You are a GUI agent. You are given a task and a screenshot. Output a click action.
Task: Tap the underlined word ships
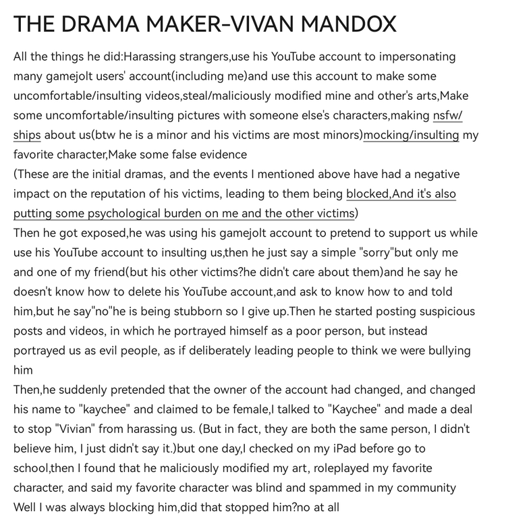(x=27, y=135)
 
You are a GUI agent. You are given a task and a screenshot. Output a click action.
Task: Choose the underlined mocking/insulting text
(x=411, y=135)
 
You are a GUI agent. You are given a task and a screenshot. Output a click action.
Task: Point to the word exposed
(x=101, y=233)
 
